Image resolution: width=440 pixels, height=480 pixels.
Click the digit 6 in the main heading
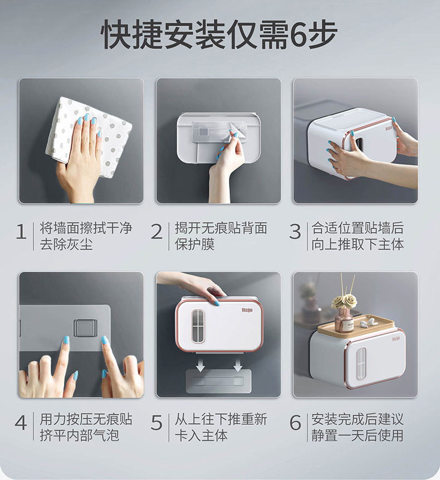(298, 35)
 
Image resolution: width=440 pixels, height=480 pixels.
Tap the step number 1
(21, 231)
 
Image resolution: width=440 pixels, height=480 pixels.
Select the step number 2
(157, 231)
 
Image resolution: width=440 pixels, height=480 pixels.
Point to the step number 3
(295, 232)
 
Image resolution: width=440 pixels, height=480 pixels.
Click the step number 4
(21, 423)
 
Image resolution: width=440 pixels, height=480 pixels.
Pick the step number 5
(157, 423)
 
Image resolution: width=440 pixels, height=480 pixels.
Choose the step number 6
(295, 423)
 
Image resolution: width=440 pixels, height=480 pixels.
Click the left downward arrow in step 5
(201, 364)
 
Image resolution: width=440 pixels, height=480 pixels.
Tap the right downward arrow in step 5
(238, 364)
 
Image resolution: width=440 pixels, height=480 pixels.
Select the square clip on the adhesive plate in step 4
(85, 328)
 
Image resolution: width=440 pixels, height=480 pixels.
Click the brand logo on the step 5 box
(247, 310)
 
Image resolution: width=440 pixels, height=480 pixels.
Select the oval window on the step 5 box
(198, 326)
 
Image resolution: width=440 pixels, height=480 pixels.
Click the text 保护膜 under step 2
(194, 244)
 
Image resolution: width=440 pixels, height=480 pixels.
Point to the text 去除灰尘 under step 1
(66, 244)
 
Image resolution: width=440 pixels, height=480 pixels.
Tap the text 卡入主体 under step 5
(201, 435)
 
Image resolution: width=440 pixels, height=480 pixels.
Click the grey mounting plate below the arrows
(219, 381)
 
